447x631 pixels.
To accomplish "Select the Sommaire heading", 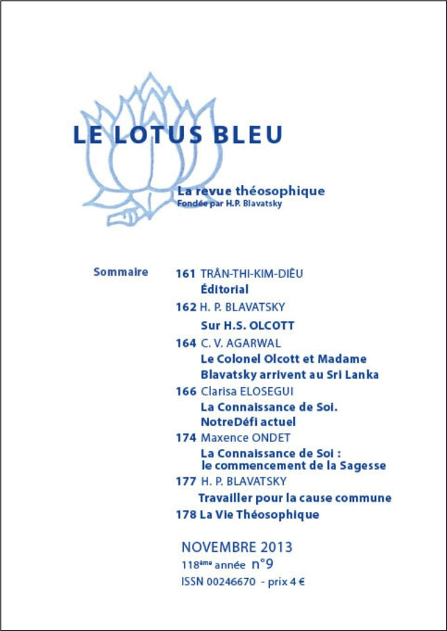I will tap(120, 272).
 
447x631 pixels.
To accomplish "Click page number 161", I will tap(185, 273).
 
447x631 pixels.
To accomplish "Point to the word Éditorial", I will tap(224, 290).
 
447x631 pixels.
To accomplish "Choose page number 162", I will tap(185, 306).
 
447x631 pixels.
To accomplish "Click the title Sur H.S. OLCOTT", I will tap(247, 325).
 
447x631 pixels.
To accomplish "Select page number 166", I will tap(185, 391).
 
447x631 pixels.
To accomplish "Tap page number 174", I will tap(185, 438).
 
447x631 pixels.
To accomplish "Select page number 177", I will tap(185, 481).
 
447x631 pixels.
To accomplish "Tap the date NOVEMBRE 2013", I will tap(237, 547).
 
